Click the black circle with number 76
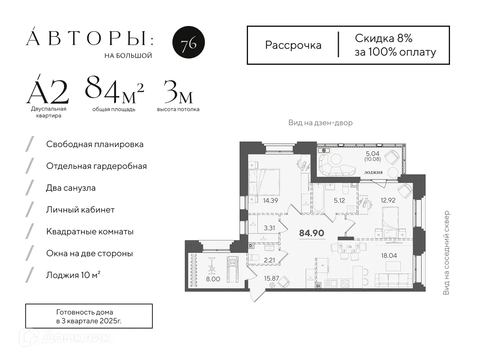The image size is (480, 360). pos(188,42)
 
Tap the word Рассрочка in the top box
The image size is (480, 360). pos(293,46)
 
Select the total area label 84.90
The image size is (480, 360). pos(311,233)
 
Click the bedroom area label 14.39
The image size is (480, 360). pos(270,200)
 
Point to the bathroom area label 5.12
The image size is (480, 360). pos(339,200)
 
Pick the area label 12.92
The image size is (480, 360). pos(388,200)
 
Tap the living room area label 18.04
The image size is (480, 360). pos(389,255)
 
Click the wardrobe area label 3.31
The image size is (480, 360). pos(270,228)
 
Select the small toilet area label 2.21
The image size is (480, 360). pos(269,260)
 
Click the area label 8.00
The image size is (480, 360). pos(213,279)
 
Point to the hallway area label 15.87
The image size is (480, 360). pos(271,278)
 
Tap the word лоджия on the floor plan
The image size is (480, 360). pos(373,172)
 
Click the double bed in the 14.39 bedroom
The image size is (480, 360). pos(264,182)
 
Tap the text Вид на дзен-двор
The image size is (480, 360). pos(320,123)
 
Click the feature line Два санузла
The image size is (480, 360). pos(71,188)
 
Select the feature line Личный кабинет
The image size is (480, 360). pos(80,210)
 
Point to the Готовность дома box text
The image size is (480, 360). pos(89,316)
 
